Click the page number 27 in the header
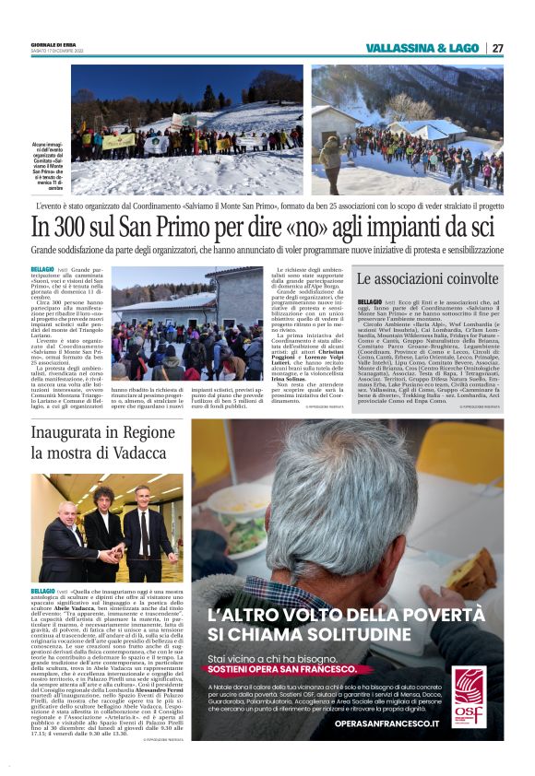point(497,48)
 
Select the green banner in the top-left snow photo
point(119,141)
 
